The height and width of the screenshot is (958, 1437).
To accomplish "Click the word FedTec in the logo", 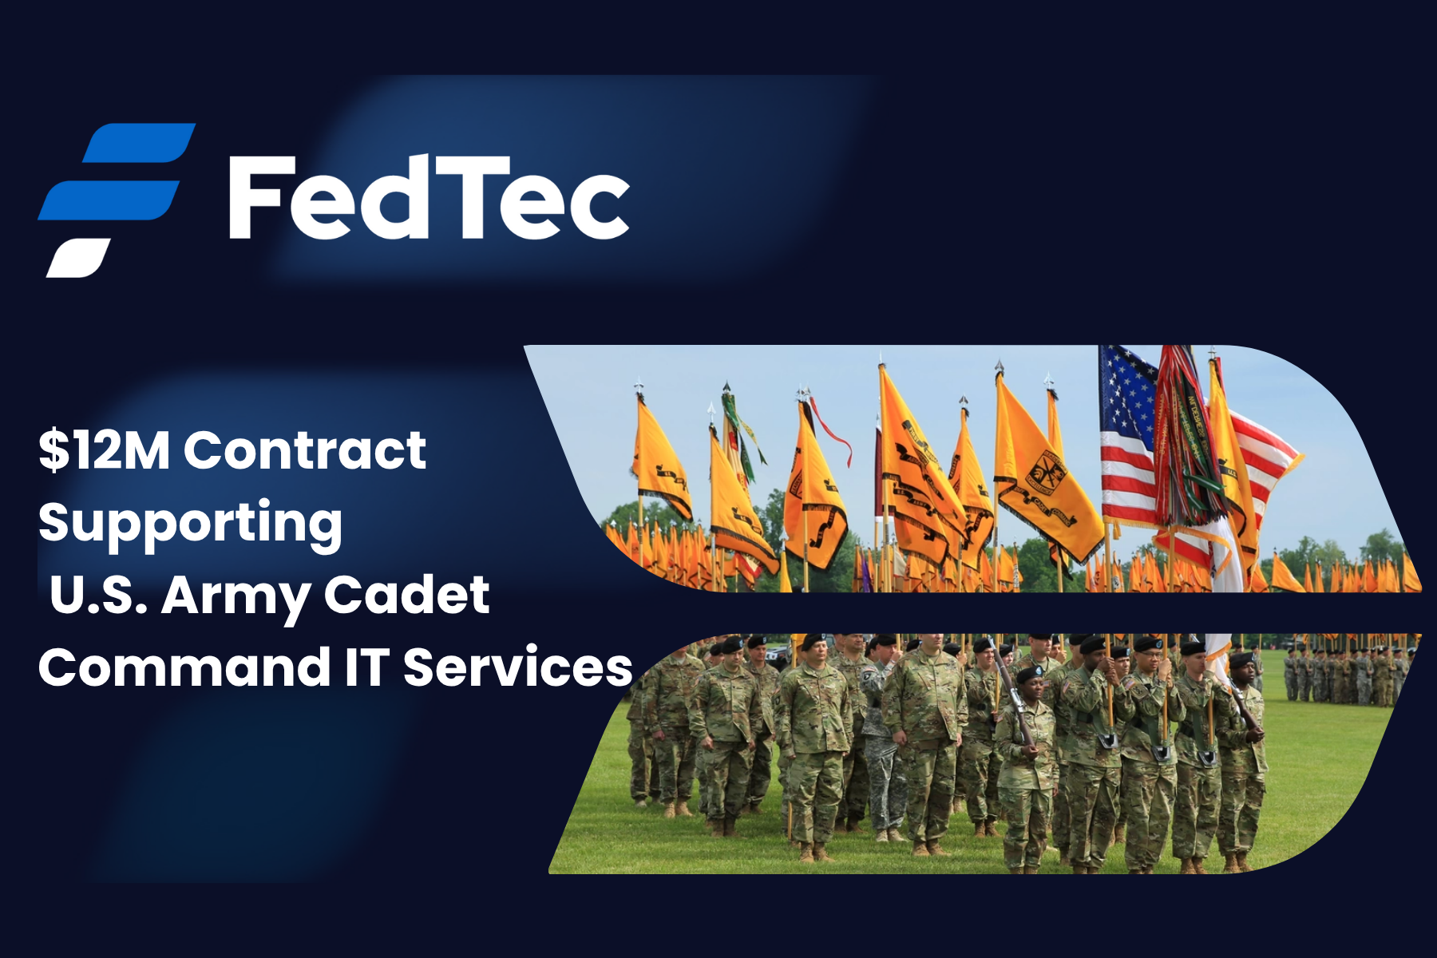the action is point(429,197).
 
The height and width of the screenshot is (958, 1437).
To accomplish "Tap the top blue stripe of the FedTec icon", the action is point(140,143).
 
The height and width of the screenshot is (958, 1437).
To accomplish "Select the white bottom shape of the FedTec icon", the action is point(77,258).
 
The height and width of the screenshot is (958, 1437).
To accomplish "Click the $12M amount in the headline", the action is point(105,449).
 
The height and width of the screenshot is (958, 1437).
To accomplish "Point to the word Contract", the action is point(305,450).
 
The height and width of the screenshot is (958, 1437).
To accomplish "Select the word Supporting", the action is point(191,524).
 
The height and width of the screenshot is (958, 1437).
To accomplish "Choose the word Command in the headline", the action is point(184,667).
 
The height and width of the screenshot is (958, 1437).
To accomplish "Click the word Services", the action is point(517,667).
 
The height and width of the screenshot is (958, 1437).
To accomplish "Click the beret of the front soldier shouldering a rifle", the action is point(1027,675).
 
